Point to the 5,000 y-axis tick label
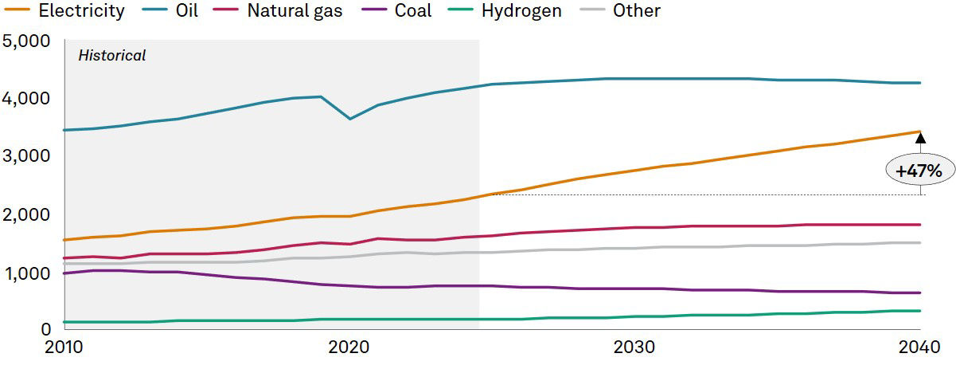click(x=27, y=41)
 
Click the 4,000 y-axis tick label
click(x=27, y=99)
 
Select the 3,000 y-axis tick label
click(x=27, y=157)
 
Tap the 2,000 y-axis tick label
click(x=27, y=215)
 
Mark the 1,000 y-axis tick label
click(x=27, y=273)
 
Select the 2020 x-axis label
click(x=349, y=347)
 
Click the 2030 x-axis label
click(x=634, y=347)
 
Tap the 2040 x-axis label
click(x=919, y=347)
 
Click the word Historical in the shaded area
click(x=111, y=56)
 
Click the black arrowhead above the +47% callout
click(x=920, y=138)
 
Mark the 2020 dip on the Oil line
click(x=349, y=119)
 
